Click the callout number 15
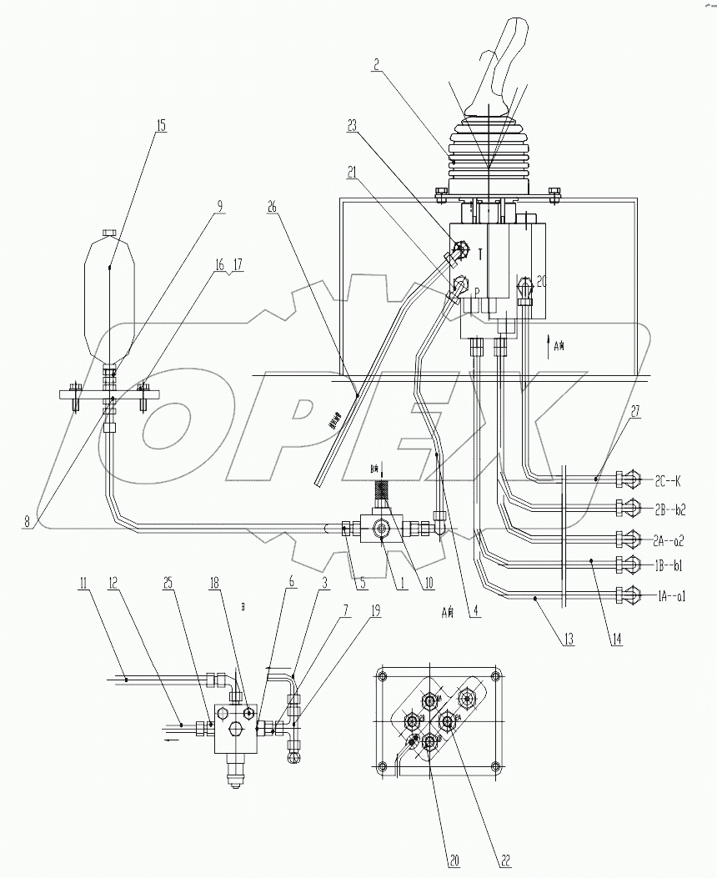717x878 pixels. pyautogui.click(x=160, y=126)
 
